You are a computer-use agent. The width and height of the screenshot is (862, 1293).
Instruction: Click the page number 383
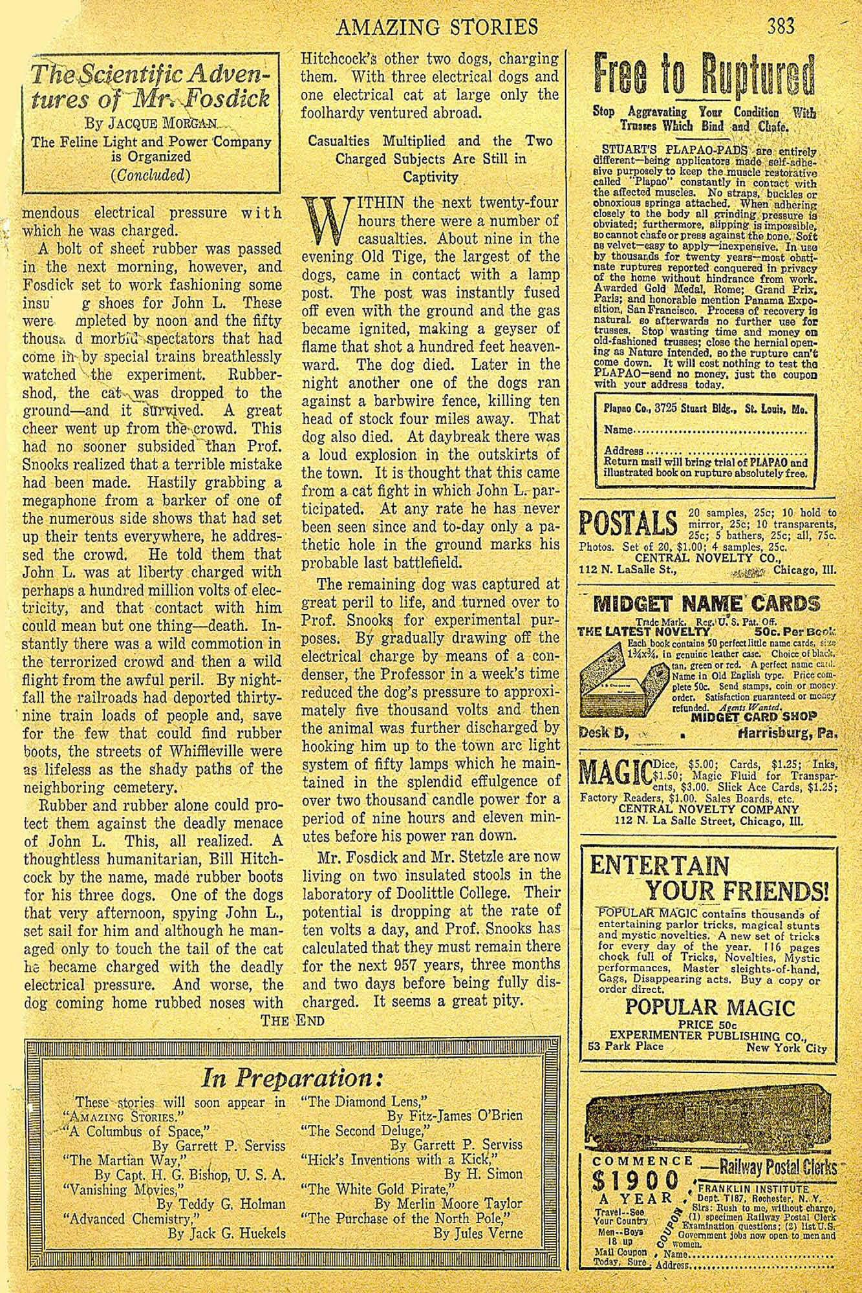pos(781,27)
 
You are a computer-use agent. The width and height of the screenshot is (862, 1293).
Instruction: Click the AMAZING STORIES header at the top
pos(438,27)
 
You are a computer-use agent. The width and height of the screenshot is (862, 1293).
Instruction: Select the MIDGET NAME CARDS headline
pos(705,604)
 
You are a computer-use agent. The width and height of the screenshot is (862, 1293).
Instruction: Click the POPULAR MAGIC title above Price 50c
pos(710,1007)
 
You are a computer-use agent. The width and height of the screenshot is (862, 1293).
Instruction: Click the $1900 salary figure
pos(636,1181)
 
